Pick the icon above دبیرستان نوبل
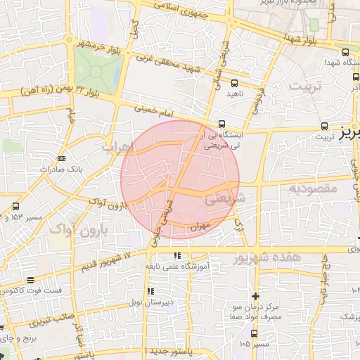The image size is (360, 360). [x=149, y=291]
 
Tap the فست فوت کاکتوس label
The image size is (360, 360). [x=32, y=290]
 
